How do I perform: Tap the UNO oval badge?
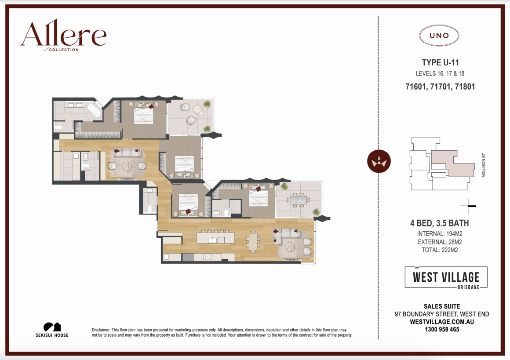pos(439,36)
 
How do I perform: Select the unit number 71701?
pos(440,87)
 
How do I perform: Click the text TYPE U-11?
pos(440,63)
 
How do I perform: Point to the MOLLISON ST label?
pos(483,165)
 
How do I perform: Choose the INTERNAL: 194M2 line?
pos(440,234)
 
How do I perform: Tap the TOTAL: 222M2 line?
pos(440,250)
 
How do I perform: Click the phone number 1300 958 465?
pos(442,329)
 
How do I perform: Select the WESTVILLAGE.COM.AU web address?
pos(442,322)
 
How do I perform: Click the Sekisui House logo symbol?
pos(52,327)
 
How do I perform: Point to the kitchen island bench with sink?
pos(215,239)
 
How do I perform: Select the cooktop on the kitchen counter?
pos(208,257)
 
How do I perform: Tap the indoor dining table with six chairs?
pos(253,242)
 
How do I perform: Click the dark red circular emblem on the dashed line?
pos(379,161)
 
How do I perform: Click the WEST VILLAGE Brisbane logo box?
pos(446,277)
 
